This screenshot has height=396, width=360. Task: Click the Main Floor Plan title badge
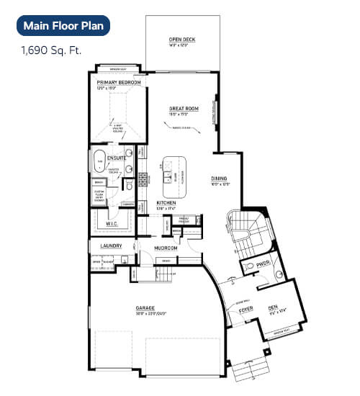coord(63,26)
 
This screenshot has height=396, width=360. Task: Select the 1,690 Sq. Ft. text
coord(50,51)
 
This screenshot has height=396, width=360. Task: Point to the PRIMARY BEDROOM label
coord(119,83)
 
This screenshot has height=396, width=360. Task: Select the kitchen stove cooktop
coord(143,179)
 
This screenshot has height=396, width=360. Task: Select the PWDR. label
coord(262,266)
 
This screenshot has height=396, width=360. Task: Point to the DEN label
coord(273,307)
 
